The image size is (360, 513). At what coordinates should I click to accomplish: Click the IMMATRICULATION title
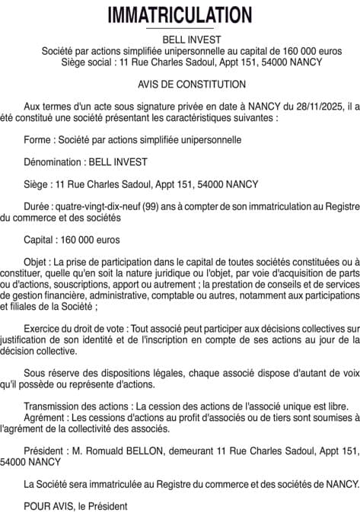[x=180, y=14]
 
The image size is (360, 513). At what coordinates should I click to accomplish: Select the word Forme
[x=38, y=141]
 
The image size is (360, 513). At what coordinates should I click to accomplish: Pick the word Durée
[x=38, y=206]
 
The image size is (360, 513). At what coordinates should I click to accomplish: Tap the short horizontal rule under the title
[x=180, y=28]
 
